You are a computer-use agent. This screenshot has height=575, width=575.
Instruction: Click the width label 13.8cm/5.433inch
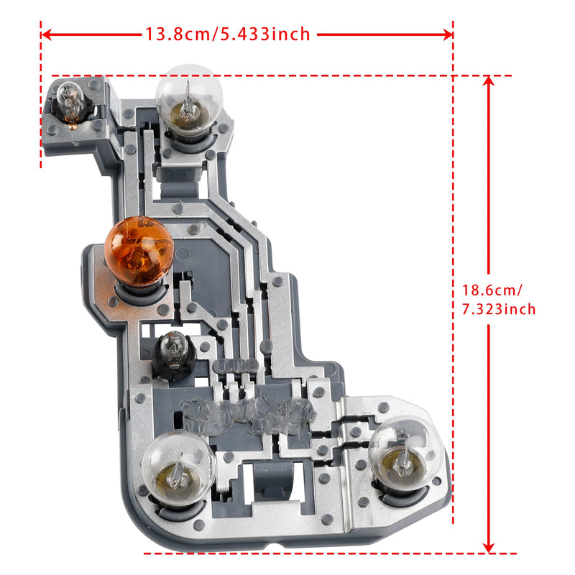coord(228,34)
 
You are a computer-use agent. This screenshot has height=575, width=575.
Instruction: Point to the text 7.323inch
coord(498,309)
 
